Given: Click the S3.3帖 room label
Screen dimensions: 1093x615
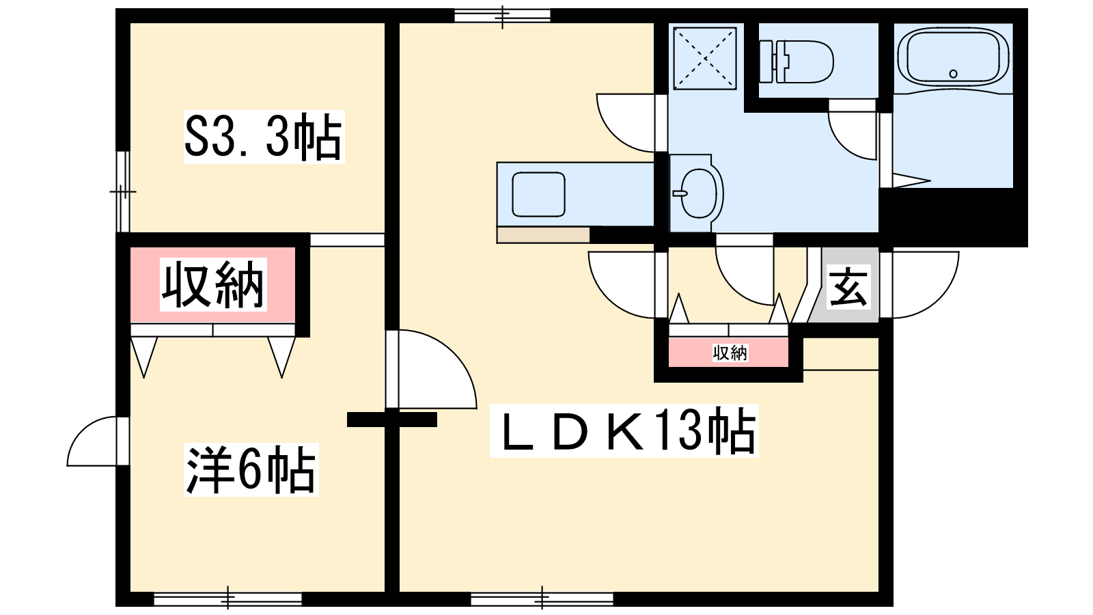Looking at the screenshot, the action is click(264, 137).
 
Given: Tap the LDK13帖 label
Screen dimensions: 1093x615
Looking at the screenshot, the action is click(624, 431).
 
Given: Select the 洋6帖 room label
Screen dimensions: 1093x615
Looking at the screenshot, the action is click(251, 469).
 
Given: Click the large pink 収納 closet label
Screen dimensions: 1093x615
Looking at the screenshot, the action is click(213, 284).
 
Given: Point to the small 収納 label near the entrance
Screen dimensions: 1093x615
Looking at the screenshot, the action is click(730, 353).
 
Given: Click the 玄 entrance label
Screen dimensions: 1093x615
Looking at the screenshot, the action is click(849, 287).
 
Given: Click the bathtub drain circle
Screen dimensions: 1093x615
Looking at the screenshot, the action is click(954, 74).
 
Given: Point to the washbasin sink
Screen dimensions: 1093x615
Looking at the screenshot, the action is click(697, 193).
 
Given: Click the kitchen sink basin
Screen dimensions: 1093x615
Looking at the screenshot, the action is click(539, 194).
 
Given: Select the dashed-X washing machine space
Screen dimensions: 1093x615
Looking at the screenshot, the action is click(704, 59).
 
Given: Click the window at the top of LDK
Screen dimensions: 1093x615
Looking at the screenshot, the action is click(503, 16).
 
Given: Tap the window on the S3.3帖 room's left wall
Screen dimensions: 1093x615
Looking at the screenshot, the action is click(123, 191).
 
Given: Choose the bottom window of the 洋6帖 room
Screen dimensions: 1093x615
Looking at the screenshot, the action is click(228, 599).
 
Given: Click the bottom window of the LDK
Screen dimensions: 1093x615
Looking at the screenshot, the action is click(542, 599).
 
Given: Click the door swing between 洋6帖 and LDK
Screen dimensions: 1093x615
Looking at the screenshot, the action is click(431, 369).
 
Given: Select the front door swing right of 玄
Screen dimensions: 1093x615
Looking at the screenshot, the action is click(919, 284).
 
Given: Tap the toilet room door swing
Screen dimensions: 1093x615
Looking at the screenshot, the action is click(852, 130).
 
